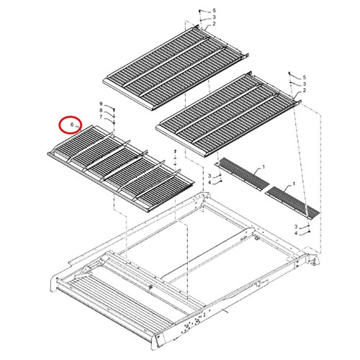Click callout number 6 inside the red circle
click(x=72, y=125)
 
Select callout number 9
click(x=101, y=104)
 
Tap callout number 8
click(x=101, y=110)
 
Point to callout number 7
click(x=101, y=117)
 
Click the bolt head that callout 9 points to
click(x=114, y=109)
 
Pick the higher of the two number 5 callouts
click(x=214, y=11)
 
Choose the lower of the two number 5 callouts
click(x=305, y=77)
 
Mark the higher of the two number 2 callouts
click(x=214, y=24)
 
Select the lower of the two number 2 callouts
click(x=305, y=90)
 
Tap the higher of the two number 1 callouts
click(x=264, y=166)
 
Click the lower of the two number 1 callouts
click(x=294, y=184)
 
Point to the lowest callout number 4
click(x=296, y=233)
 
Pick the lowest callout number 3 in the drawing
click(x=296, y=227)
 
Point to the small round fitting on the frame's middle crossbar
click(x=150, y=287)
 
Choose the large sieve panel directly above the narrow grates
click(x=228, y=114)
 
